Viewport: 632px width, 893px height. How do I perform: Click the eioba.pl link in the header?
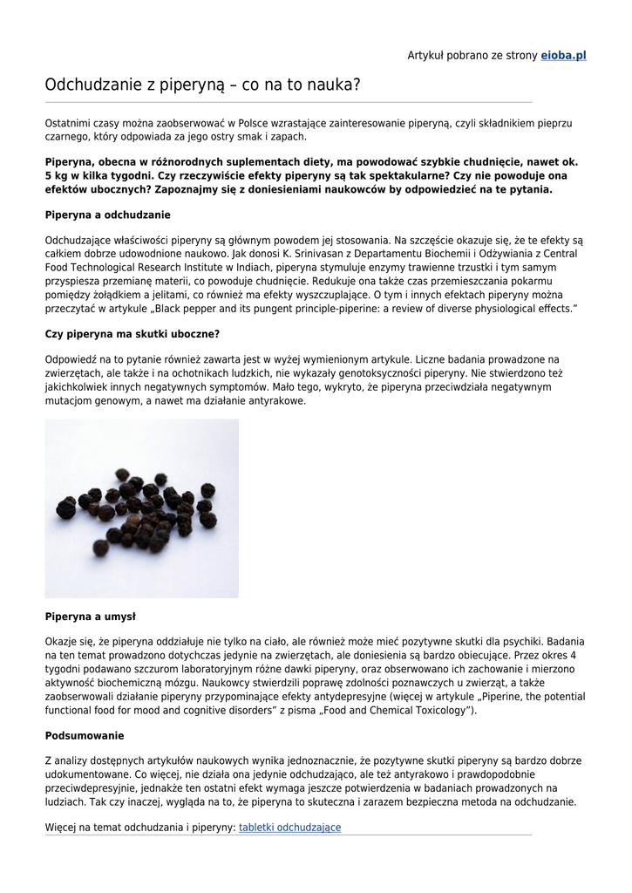[x=563, y=55]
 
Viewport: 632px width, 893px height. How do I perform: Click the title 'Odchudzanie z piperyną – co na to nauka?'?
[x=202, y=85]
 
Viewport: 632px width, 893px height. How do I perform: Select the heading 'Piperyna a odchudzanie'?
[x=107, y=215]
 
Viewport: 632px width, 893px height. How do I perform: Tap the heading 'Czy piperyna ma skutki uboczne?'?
[x=132, y=334]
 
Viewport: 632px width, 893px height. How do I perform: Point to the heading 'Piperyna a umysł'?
[x=90, y=617]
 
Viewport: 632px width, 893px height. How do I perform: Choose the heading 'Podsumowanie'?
[x=84, y=736]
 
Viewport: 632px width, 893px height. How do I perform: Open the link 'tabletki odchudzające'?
[x=289, y=828]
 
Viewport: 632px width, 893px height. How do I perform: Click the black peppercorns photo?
[x=141, y=508]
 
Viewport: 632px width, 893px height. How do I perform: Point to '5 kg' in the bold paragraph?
[x=58, y=175]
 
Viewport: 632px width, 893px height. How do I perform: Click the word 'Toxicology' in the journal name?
[x=435, y=711]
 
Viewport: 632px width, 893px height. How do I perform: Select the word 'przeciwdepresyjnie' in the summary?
[x=91, y=787]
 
